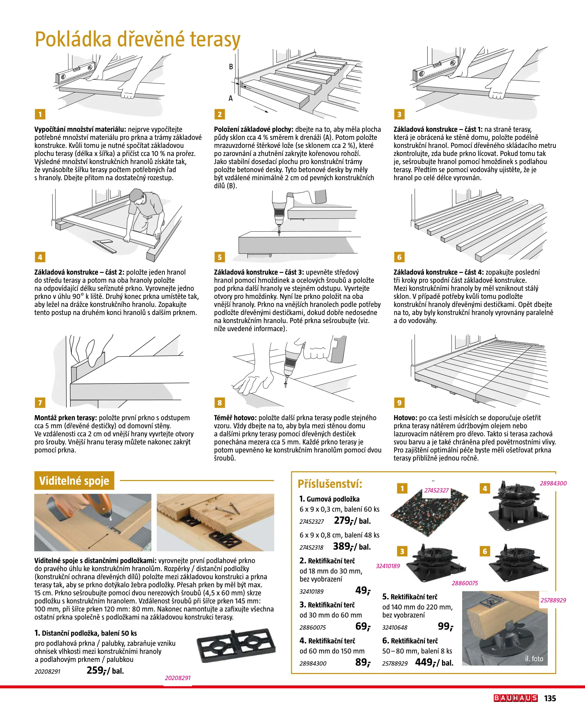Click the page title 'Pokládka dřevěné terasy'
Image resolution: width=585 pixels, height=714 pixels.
point(138,39)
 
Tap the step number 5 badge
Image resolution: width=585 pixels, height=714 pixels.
point(220,257)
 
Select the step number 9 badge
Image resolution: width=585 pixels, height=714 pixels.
point(399,403)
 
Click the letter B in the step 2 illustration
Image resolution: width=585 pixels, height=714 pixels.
point(231,67)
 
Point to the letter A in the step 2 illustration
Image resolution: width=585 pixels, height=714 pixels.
point(231,98)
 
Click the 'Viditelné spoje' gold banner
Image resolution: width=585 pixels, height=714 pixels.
point(74,480)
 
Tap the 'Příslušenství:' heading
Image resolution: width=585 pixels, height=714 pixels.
point(330,484)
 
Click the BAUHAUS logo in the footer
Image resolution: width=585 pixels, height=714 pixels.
point(515,698)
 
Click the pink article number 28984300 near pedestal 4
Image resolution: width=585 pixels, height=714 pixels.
point(553,483)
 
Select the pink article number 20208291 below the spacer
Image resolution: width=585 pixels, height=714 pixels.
point(178,678)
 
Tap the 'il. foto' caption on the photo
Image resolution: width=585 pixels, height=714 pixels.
point(534,659)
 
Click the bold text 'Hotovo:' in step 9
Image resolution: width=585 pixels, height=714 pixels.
point(405,418)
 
